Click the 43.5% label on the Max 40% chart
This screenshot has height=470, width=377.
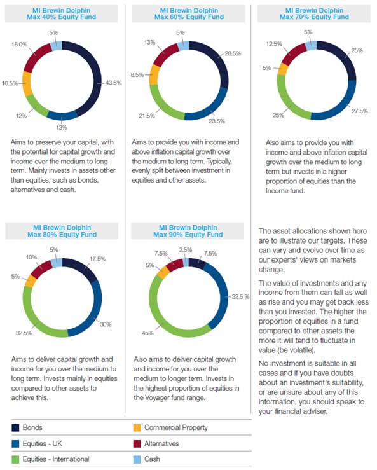(x=114, y=83)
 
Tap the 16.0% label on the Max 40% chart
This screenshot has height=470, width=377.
(x=20, y=45)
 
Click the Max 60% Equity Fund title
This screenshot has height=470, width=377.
(x=189, y=14)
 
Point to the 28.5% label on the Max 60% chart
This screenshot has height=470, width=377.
(x=233, y=53)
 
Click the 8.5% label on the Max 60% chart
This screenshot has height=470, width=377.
(x=137, y=74)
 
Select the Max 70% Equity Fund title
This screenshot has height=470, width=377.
(x=314, y=14)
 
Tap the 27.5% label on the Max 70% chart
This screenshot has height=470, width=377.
(x=360, y=111)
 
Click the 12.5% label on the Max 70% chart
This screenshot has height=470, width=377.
(x=274, y=44)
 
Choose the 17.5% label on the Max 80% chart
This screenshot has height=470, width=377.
(x=98, y=259)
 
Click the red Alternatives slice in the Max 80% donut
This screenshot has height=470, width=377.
(x=41, y=269)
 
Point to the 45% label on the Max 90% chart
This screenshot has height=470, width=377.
(x=147, y=333)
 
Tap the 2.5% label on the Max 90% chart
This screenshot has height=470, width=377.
(x=186, y=250)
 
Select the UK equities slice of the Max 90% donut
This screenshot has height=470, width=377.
(x=221, y=295)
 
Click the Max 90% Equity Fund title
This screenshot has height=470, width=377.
(x=188, y=231)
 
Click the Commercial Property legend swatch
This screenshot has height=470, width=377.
(x=137, y=428)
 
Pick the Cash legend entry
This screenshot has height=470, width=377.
(x=147, y=459)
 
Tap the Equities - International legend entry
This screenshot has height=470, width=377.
(x=50, y=459)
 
